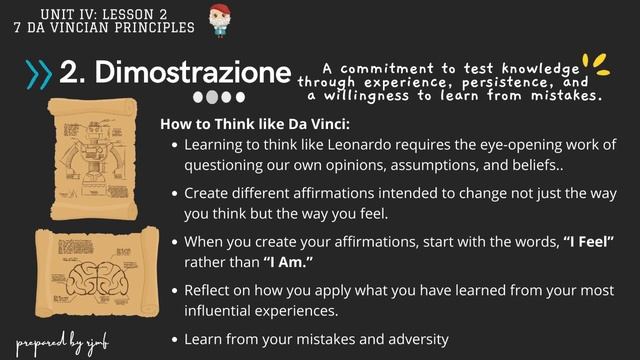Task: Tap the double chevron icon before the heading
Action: tap(39, 72)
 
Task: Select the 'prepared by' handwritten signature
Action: tap(62, 338)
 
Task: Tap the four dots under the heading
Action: tap(218, 98)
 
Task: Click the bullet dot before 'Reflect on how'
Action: tap(175, 290)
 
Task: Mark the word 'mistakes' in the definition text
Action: tap(566, 97)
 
